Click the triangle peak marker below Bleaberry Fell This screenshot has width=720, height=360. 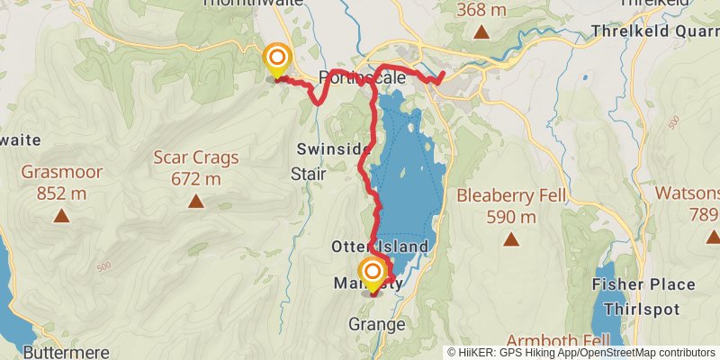coord(511,239)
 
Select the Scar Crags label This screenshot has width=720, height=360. coord(195,157)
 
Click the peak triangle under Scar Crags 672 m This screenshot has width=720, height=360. coord(195,202)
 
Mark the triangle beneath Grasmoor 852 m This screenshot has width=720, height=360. coord(61,215)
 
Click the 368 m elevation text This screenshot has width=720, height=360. coord(481,10)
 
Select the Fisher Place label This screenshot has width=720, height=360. coord(643,284)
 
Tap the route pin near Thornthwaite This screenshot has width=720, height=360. coord(276,61)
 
